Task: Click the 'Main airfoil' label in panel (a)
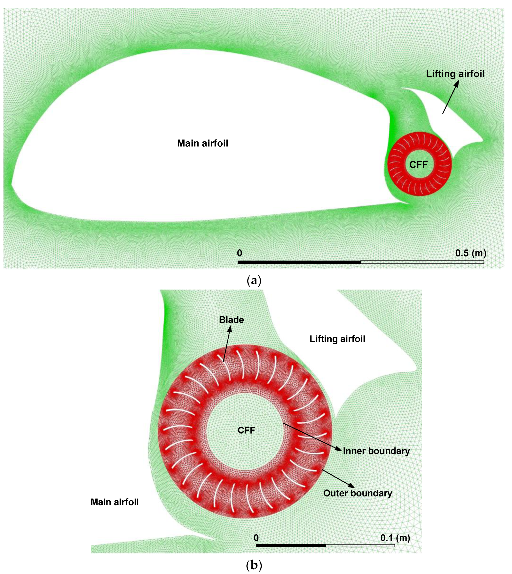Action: point(202,143)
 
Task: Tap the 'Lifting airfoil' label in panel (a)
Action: point(455,74)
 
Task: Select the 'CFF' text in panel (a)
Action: point(418,165)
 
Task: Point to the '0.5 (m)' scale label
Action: point(471,253)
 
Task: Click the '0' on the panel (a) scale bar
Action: point(239,253)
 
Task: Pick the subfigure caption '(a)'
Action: point(254,281)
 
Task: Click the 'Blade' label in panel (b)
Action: point(231,320)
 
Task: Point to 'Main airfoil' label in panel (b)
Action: point(114,502)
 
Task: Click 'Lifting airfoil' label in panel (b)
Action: point(337,339)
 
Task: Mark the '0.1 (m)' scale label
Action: point(395,538)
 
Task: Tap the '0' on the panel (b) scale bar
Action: point(256,538)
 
